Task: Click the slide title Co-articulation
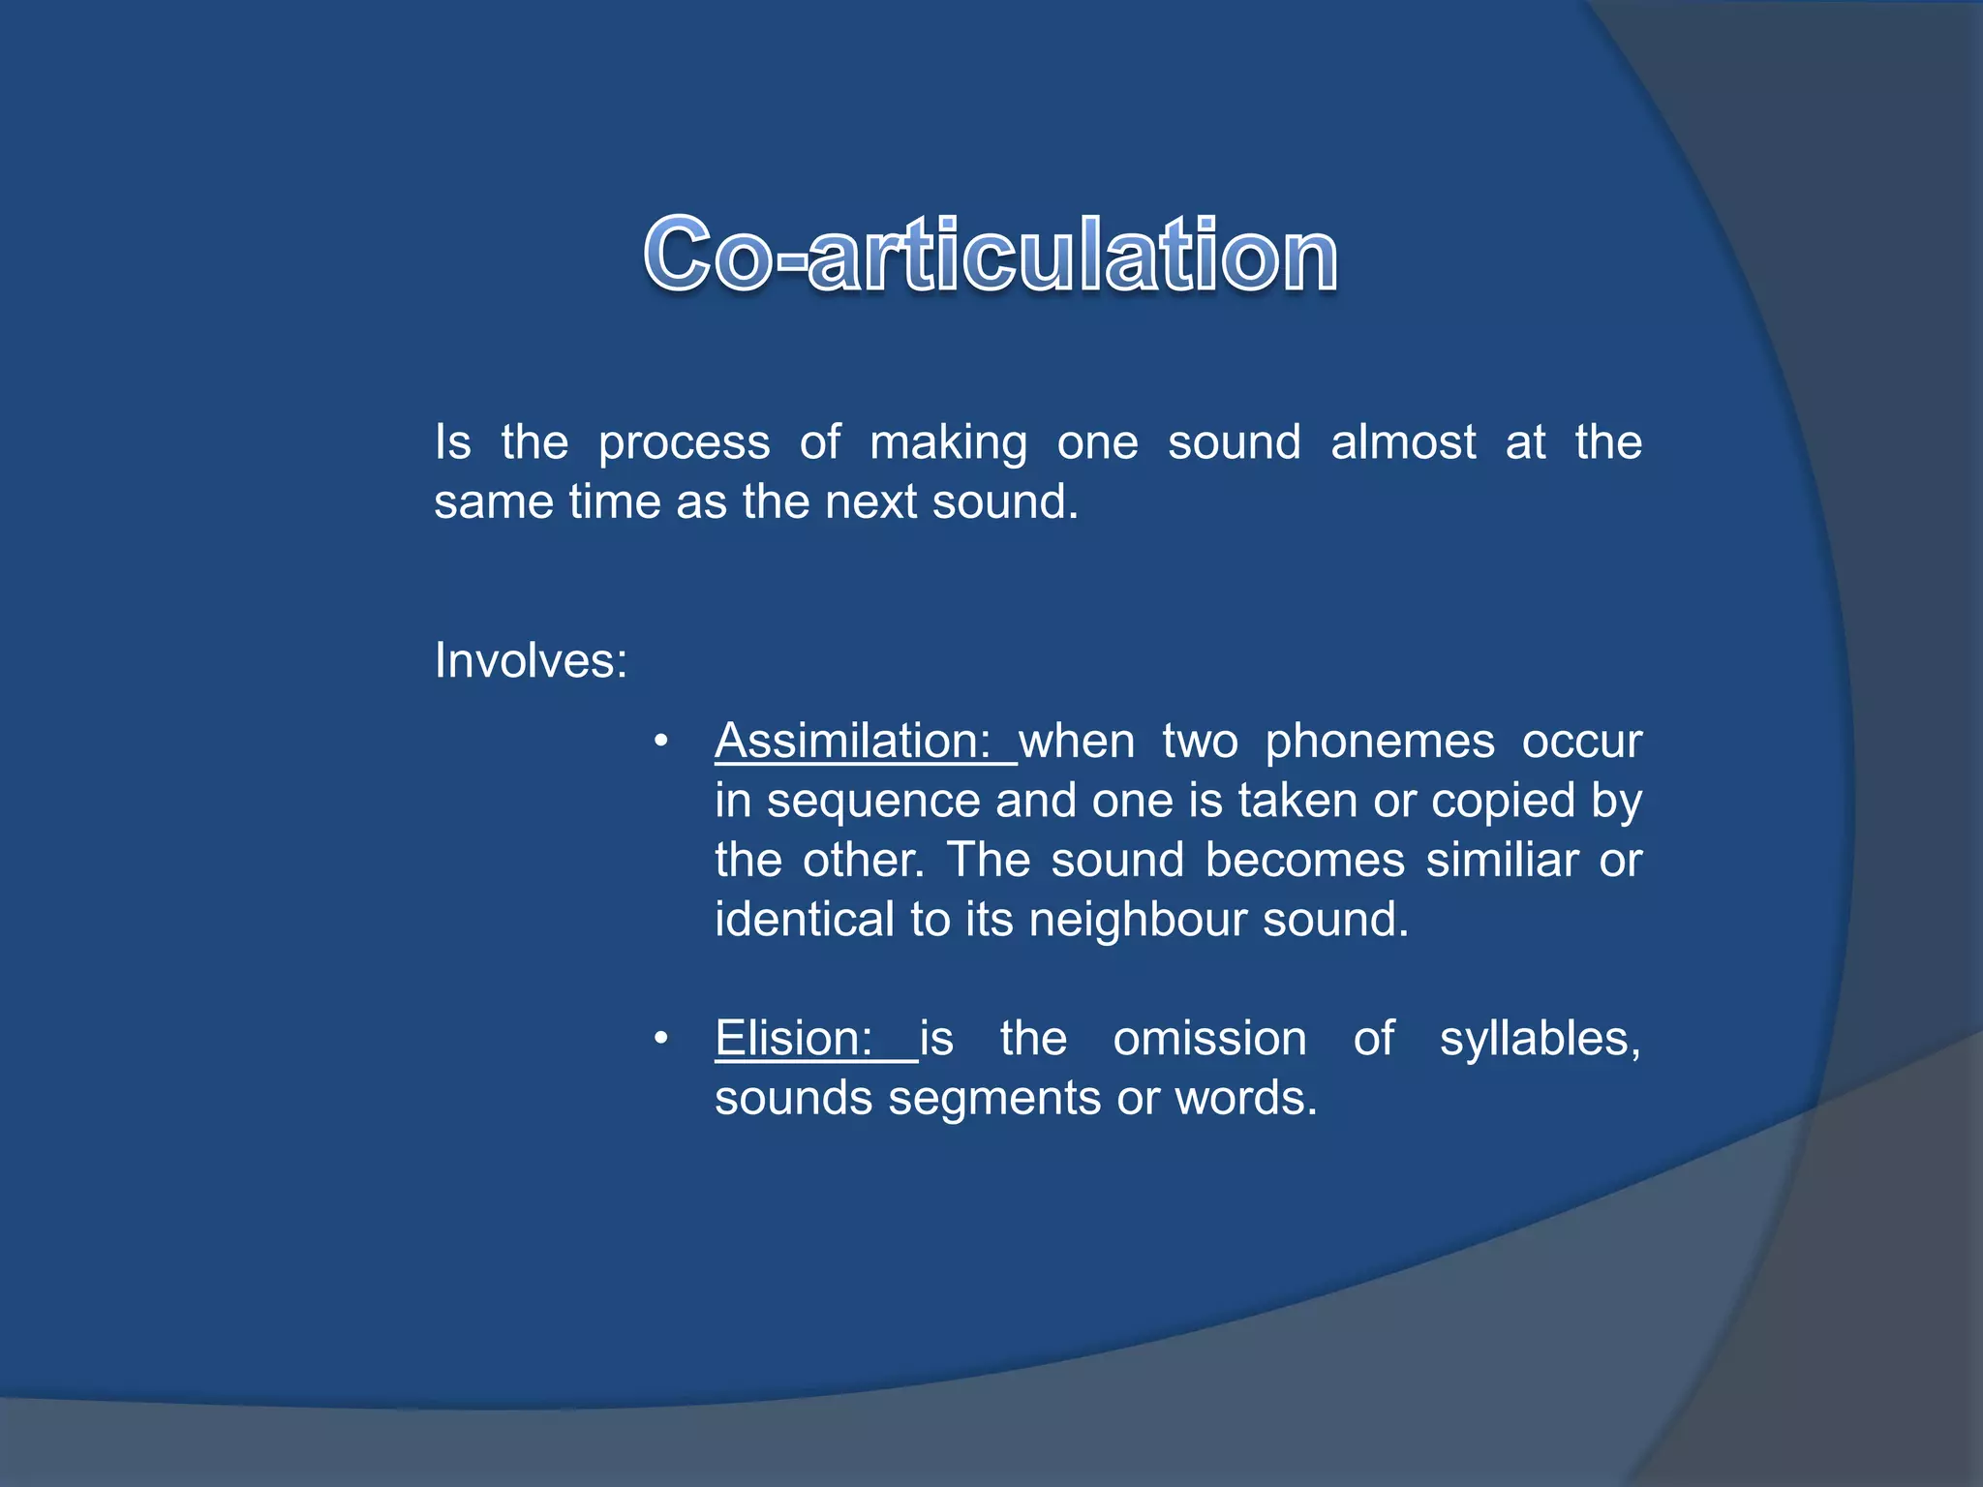tap(991, 254)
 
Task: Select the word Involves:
tap(531, 661)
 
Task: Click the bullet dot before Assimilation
tap(661, 743)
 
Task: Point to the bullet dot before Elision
tap(661, 1040)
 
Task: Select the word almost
tap(1403, 442)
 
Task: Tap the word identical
tap(804, 920)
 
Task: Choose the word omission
tap(1209, 1040)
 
